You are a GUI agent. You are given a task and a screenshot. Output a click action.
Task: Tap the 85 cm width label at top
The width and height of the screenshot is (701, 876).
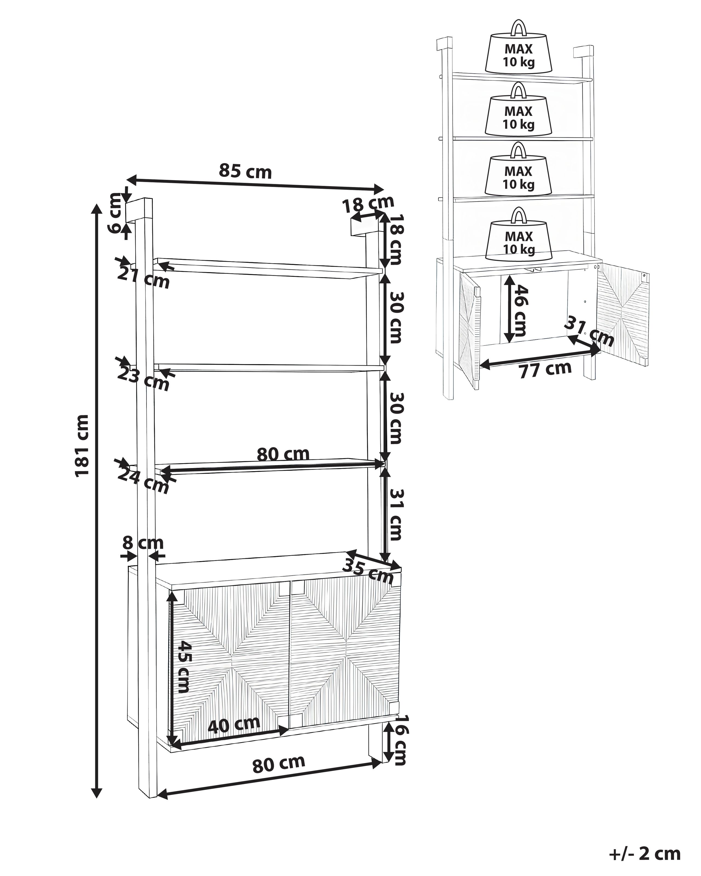245,171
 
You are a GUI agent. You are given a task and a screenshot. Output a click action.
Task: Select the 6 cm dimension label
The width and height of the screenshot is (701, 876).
116,213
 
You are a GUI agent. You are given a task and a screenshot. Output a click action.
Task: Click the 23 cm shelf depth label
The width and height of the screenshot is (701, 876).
143,379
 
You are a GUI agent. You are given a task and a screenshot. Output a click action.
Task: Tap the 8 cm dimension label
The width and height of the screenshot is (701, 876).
143,542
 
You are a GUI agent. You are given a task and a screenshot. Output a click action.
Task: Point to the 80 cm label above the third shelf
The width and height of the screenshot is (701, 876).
283,454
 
